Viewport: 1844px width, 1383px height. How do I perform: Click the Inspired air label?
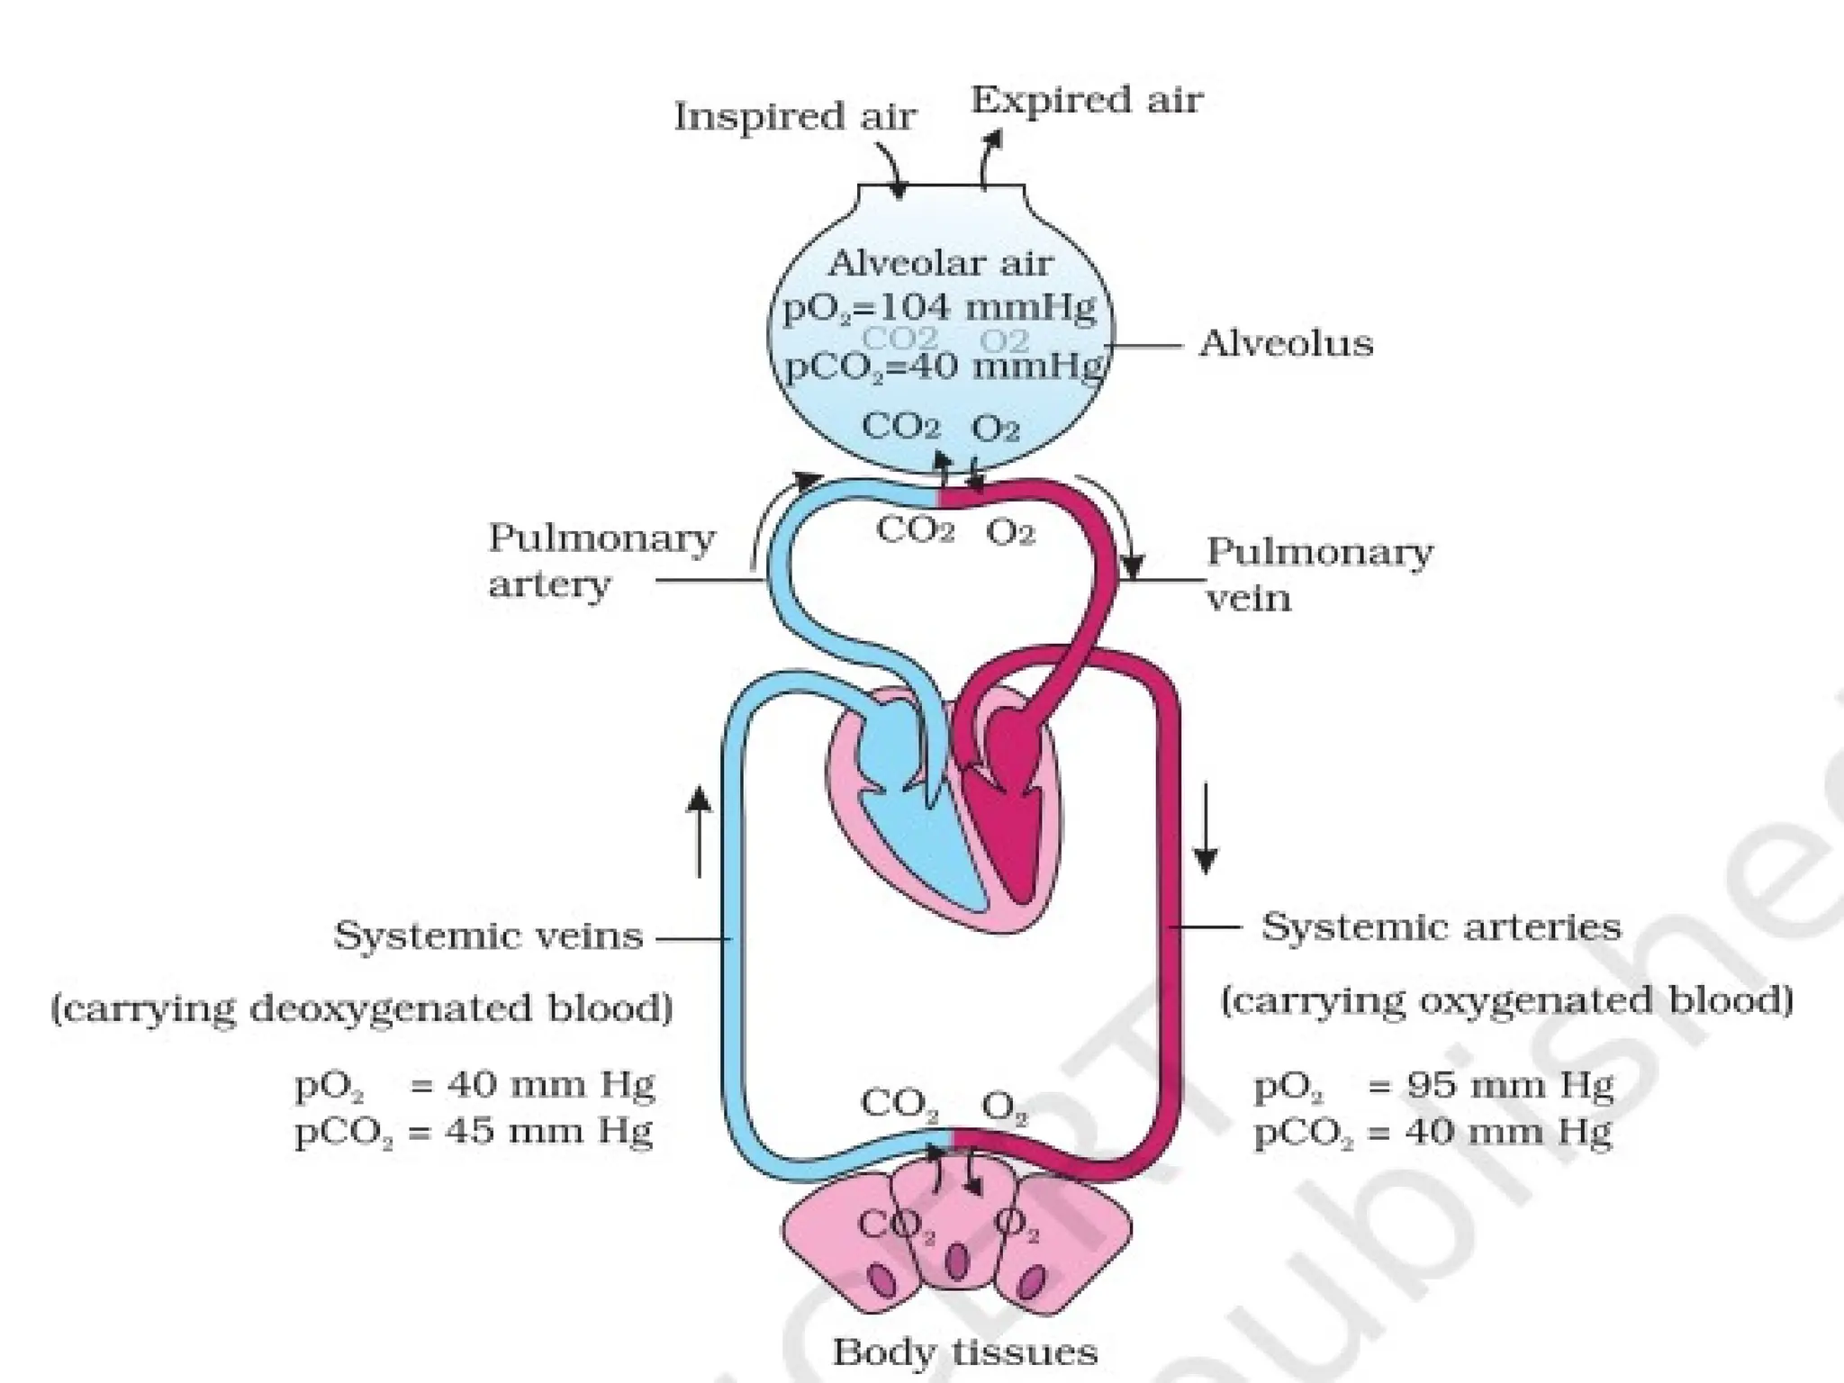(x=794, y=117)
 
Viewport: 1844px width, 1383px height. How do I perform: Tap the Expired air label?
(x=1086, y=101)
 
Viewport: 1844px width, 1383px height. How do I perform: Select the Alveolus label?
(x=1285, y=344)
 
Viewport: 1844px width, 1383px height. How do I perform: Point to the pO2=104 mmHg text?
(x=939, y=309)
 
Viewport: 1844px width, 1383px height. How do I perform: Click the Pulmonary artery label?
(x=601, y=560)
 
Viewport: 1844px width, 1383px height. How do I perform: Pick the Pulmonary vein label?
(x=1318, y=574)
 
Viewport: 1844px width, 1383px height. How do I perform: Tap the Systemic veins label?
(x=488, y=936)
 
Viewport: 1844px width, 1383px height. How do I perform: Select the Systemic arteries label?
(x=1441, y=927)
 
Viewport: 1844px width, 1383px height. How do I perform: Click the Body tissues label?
(x=964, y=1351)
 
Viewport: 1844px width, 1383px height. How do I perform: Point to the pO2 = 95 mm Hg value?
(x=1433, y=1087)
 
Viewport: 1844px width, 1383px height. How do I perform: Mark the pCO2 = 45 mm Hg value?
(x=474, y=1132)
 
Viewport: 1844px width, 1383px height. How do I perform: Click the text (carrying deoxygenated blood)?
(x=362, y=1008)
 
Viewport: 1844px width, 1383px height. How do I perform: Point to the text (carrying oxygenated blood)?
(x=1506, y=1001)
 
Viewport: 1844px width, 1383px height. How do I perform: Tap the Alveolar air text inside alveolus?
(x=939, y=264)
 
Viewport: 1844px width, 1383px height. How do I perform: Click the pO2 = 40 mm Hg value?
(x=474, y=1087)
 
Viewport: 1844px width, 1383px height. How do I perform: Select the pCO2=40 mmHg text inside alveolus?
(x=943, y=367)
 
